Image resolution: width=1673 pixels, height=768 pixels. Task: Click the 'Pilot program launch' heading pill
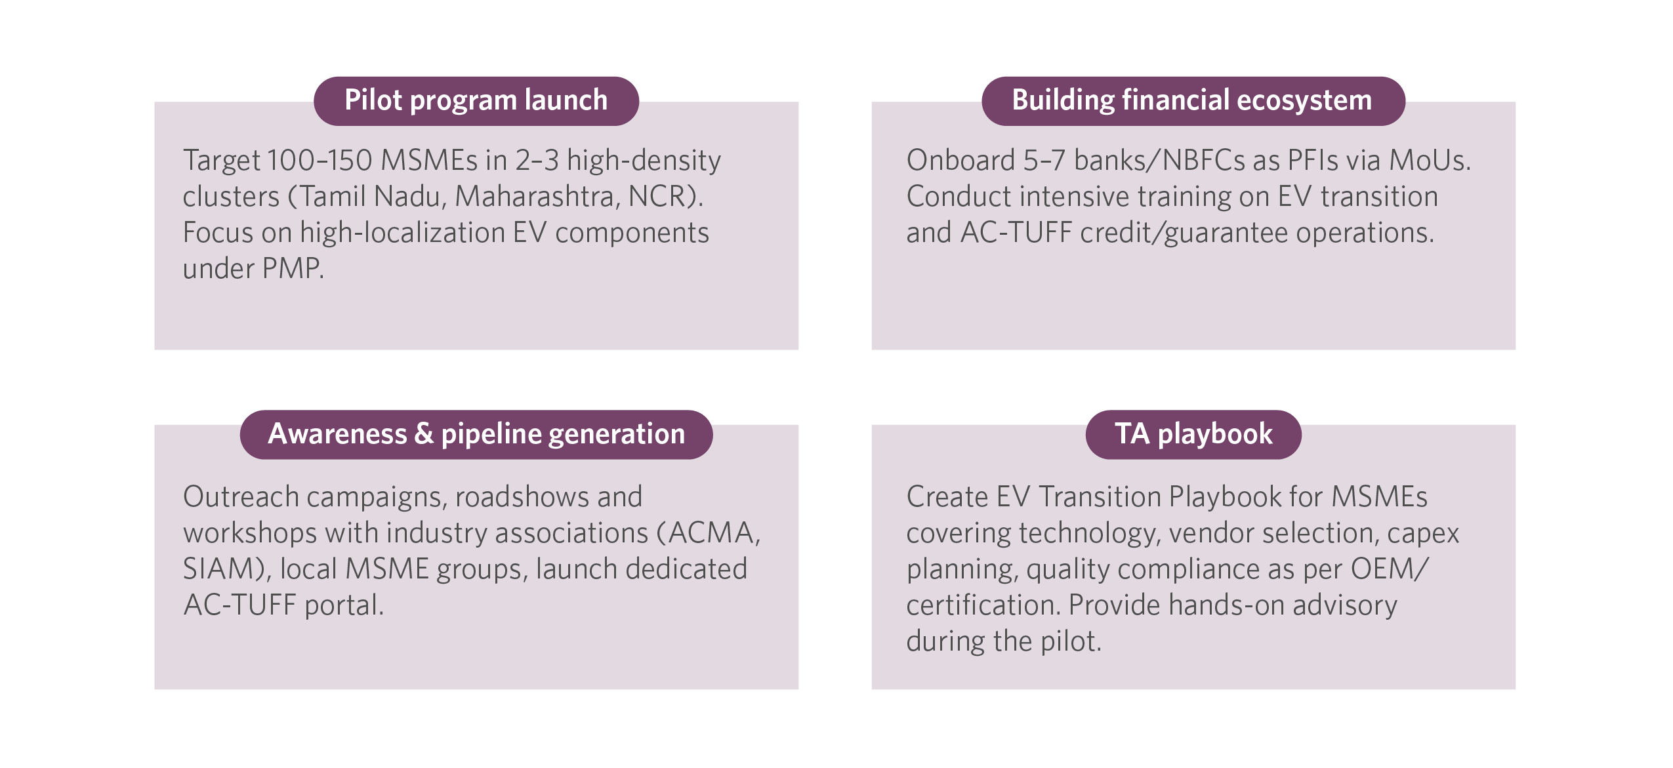[x=476, y=101]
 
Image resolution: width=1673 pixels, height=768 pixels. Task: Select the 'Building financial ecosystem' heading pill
[x=1193, y=101]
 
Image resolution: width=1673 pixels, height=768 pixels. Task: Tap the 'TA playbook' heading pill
[x=1193, y=434]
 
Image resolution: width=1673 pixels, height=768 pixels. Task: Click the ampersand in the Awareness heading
[x=424, y=434]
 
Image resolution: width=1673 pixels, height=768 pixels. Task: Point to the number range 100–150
[x=320, y=160]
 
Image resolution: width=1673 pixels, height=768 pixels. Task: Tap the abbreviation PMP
[x=290, y=268]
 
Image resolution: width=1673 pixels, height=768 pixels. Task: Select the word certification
[x=981, y=605]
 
